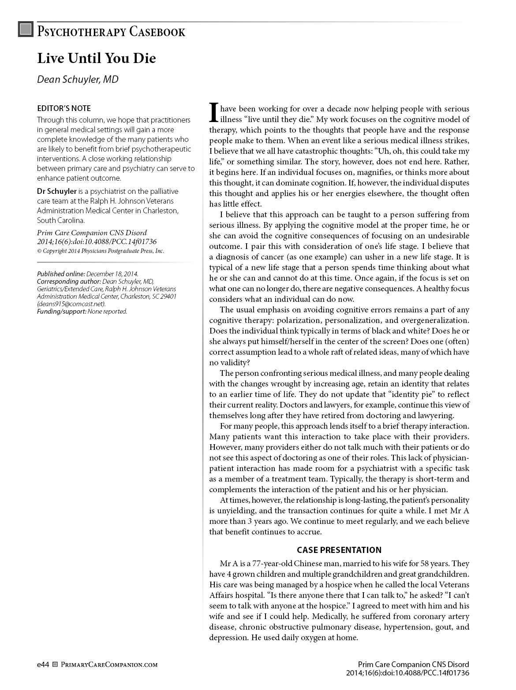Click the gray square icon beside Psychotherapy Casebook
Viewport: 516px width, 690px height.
pyautogui.click(x=26, y=30)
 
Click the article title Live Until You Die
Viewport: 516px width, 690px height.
pyautogui.click(x=96, y=58)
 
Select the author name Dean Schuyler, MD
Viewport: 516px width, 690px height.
pyautogui.click(x=78, y=79)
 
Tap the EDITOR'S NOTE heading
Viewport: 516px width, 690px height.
pyautogui.click(x=64, y=108)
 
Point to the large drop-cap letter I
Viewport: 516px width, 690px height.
pyautogui.click(x=213, y=112)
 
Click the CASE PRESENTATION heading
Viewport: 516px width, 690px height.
pyautogui.click(x=339, y=550)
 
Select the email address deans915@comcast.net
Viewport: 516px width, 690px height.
pyautogui.click(x=71, y=304)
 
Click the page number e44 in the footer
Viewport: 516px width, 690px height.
pyautogui.click(x=43, y=664)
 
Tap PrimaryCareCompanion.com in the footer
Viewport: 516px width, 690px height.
pyautogui.click(x=108, y=664)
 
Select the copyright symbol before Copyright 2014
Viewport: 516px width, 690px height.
pyautogui.click(x=39, y=251)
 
